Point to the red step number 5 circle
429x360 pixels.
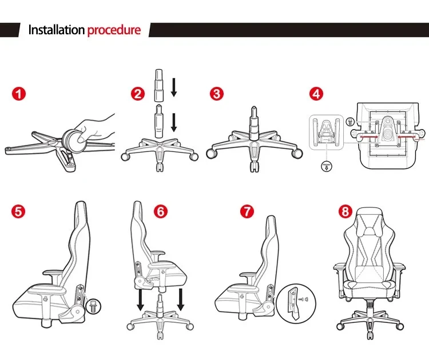(x=19, y=211)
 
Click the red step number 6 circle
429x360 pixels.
(x=161, y=211)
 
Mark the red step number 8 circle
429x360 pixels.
(x=344, y=211)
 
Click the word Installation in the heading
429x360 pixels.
(x=56, y=30)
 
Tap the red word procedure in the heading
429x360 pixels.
(x=114, y=30)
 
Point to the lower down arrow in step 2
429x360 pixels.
(x=175, y=122)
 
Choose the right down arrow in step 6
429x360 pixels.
(x=181, y=299)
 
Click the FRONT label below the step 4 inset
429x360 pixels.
(x=325, y=167)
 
